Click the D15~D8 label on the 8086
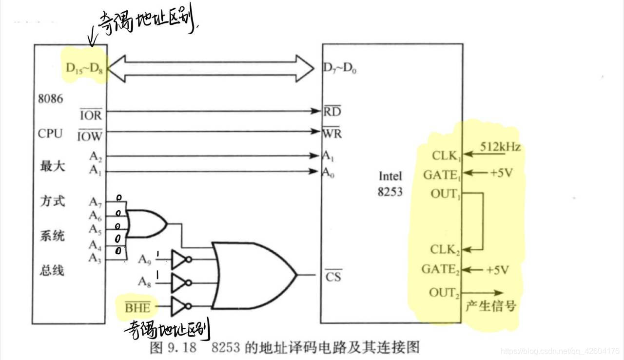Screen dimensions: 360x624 tap(84, 70)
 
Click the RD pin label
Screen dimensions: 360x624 tap(332, 111)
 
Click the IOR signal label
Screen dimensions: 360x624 tap(91, 116)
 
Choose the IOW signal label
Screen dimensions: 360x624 tap(90, 136)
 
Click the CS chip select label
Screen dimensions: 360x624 tap(333, 276)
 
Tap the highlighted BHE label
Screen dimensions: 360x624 tap(137, 307)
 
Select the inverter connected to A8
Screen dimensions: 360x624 tap(180, 282)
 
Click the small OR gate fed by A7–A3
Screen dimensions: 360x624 tap(146, 223)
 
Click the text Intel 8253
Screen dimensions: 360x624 tap(390, 183)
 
